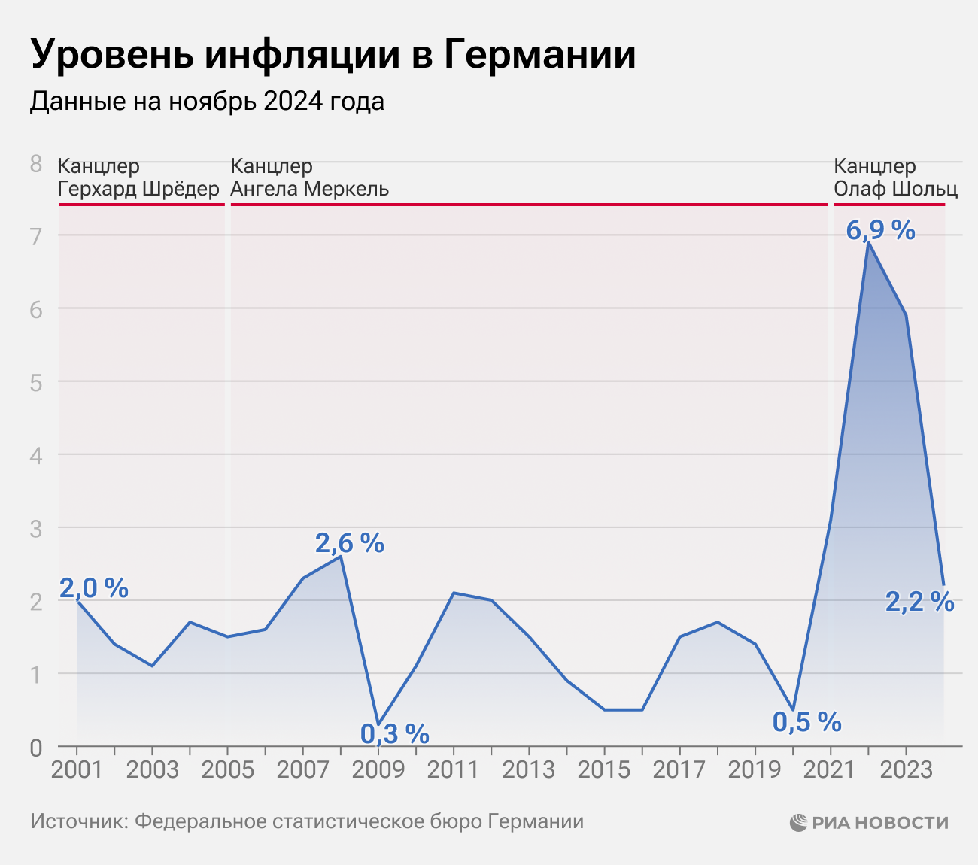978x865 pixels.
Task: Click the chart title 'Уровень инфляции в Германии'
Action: pyautogui.click(x=333, y=54)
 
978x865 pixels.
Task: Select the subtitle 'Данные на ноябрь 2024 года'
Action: pyautogui.click(x=207, y=101)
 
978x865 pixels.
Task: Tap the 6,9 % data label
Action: pyautogui.click(x=880, y=230)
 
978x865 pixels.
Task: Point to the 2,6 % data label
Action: pyautogui.click(x=349, y=542)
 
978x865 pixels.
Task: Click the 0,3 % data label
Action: pyautogui.click(x=394, y=732)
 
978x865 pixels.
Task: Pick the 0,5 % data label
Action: pyautogui.click(x=806, y=722)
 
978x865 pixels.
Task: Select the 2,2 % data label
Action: pyautogui.click(x=919, y=602)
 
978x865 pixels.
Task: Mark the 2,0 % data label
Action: pyautogui.click(x=94, y=588)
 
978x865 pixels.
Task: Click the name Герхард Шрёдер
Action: pyautogui.click(x=138, y=188)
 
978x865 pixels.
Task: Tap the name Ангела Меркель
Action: pyautogui.click(x=309, y=188)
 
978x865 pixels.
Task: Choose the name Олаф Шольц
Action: pyautogui.click(x=895, y=188)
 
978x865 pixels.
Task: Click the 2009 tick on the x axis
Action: pyautogui.click(x=378, y=769)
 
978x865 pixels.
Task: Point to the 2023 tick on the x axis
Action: pyautogui.click(x=906, y=769)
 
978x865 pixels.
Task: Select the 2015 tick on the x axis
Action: pyautogui.click(x=604, y=769)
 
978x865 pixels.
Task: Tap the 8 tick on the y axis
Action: pyautogui.click(x=35, y=163)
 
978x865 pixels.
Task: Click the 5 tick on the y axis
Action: pyautogui.click(x=35, y=382)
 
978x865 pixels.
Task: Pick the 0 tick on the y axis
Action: pyautogui.click(x=35, y=748)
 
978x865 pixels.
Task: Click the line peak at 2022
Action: pyautogui.click(x=868, y=242)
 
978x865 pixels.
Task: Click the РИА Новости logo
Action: pyautogui.click(x=869, y=822)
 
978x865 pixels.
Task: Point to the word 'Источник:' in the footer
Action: pyautogui.click(x=79, y=821)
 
